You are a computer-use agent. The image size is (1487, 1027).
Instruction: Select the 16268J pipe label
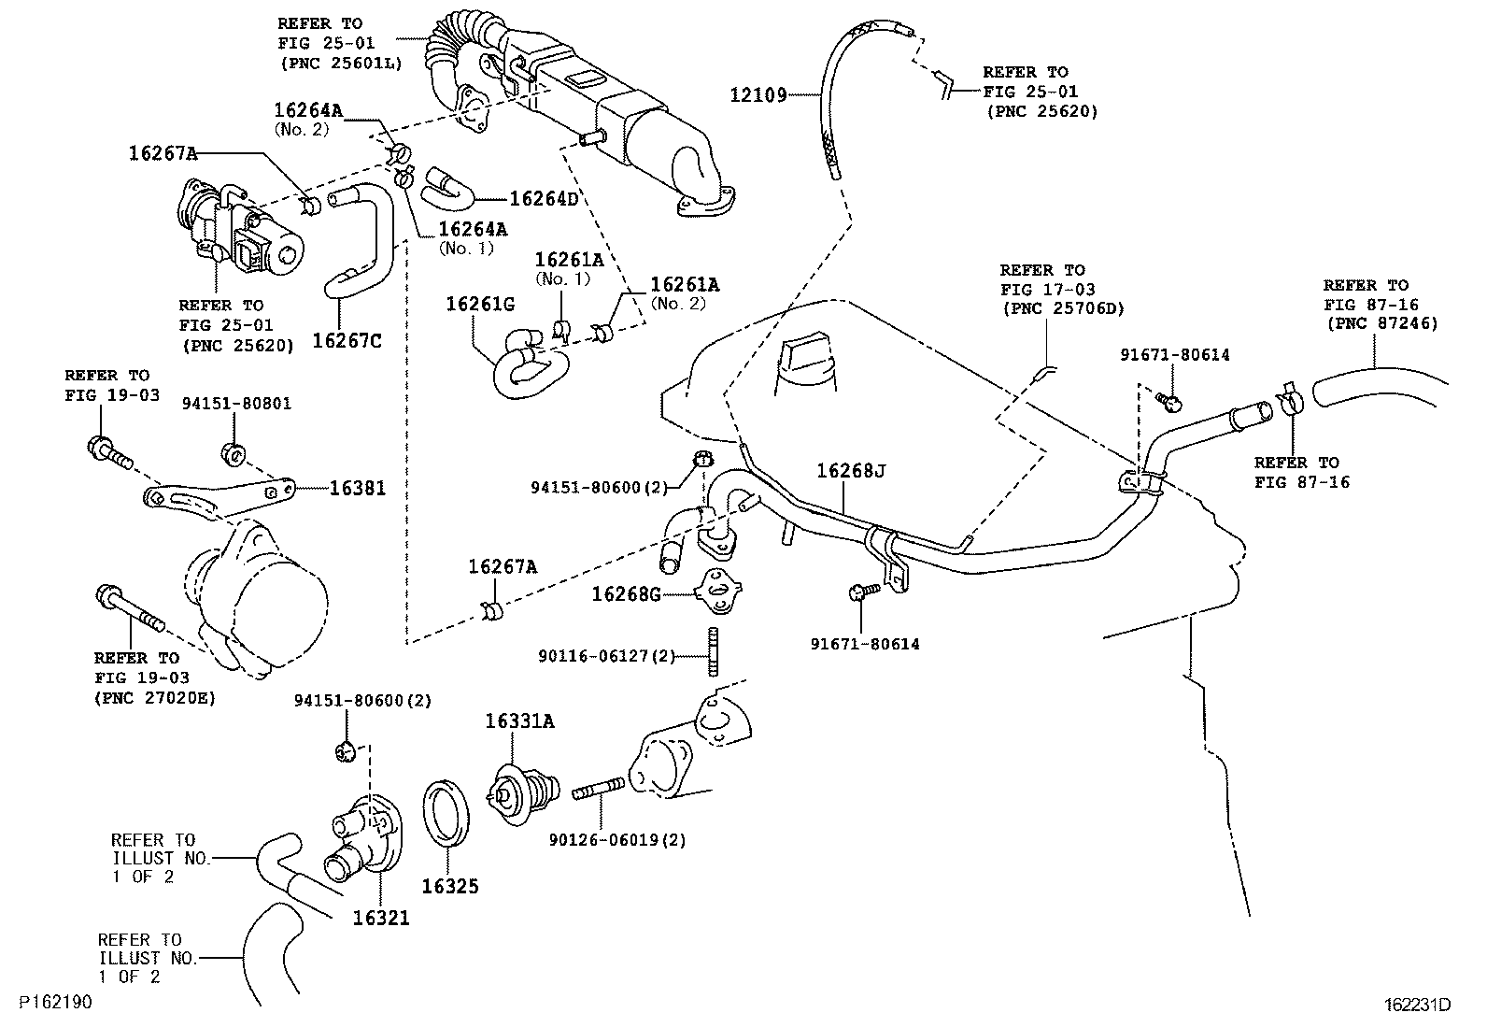[850, 471]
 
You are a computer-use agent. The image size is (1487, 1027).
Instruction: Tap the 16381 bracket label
[357, 488]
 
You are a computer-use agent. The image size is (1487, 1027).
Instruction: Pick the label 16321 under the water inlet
[381, 919]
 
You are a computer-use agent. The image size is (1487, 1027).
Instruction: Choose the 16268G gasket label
[627, 593]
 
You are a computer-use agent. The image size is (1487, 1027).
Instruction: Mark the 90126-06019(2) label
[618, 840]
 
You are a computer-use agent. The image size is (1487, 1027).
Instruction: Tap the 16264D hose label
[545, 199]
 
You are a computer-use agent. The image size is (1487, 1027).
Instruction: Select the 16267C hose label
[347, 340]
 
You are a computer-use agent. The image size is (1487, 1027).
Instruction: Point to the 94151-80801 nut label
[236, 404]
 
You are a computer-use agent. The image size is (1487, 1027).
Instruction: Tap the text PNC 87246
[1382, 323]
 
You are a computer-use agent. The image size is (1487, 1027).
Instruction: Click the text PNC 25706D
[1063, 309]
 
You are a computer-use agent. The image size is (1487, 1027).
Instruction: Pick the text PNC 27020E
[154, 697]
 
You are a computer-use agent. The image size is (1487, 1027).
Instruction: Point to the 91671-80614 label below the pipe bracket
[864, 644]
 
